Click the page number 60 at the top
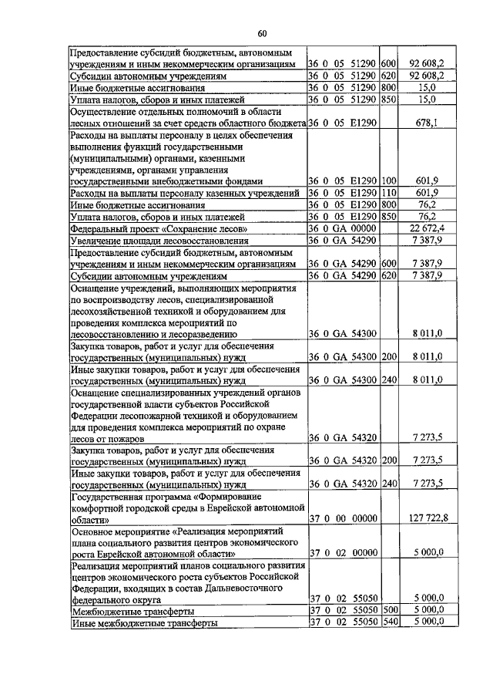(262, 33)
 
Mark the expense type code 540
(388, 622)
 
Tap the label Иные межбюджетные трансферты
(143, 622)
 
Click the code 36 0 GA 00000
(342, 229)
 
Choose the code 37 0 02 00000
(342, 553)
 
